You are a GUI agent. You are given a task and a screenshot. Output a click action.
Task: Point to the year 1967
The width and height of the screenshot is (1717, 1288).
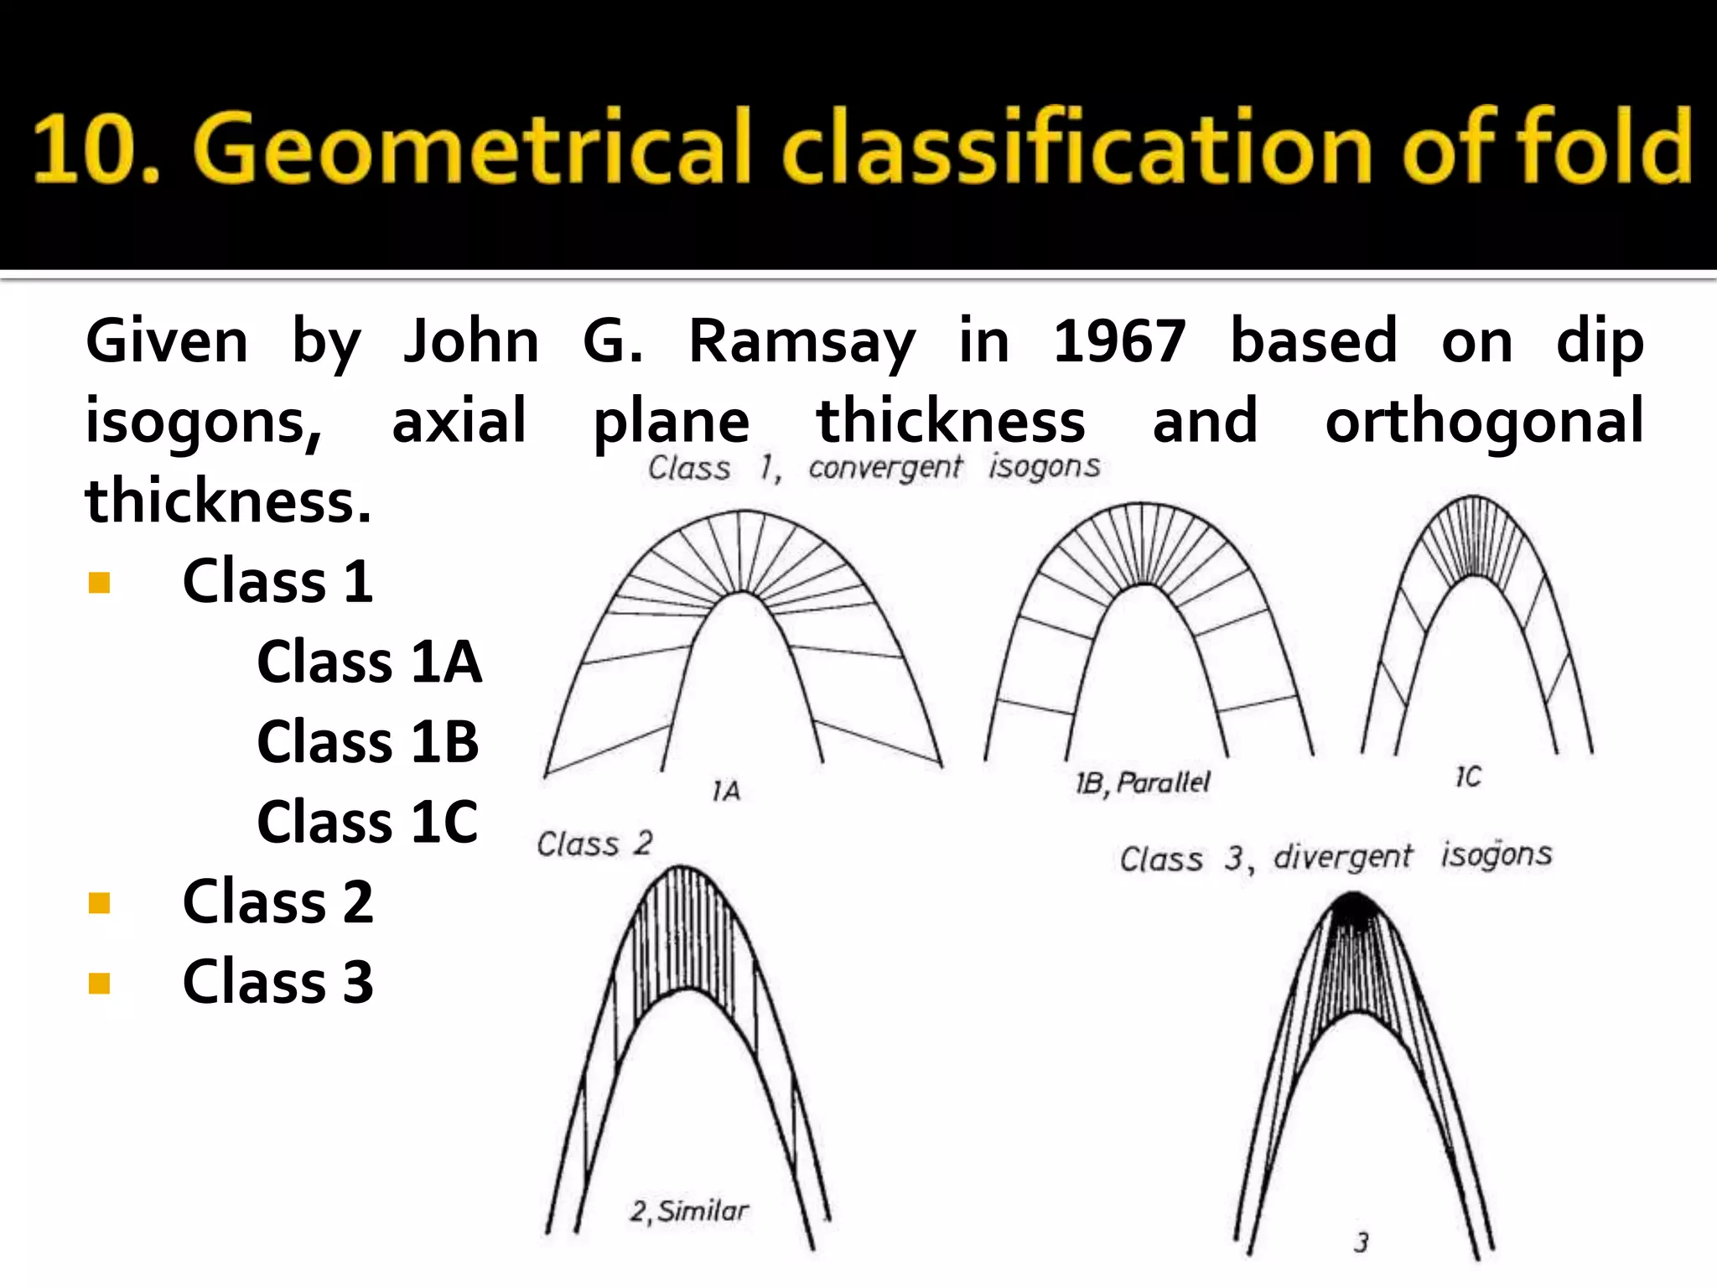click(x=1119, y=342)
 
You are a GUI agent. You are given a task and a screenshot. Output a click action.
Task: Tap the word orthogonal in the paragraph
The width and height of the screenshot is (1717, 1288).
click(x=1484, y=422)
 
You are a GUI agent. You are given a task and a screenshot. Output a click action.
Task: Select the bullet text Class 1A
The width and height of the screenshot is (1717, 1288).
click(x=369, y=662)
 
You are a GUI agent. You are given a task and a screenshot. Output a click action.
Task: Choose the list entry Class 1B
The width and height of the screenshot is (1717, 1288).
click(x=367, y=742)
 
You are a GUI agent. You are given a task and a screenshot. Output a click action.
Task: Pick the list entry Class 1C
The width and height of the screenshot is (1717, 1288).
click(x=367, y=822)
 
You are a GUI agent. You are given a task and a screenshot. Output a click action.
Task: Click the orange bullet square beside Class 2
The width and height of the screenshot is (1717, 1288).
click(x=100, y=903)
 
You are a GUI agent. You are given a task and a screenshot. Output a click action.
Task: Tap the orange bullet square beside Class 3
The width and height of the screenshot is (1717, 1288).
click(x=100, y=983)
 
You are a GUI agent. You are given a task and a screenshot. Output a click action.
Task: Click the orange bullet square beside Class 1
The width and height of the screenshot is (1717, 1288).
click(x=100, y=582)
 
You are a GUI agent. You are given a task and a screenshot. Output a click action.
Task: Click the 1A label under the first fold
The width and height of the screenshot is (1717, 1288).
click(x=726, y=791)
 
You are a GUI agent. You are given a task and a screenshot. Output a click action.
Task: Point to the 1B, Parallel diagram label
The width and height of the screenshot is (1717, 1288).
click(x=1143, y=783)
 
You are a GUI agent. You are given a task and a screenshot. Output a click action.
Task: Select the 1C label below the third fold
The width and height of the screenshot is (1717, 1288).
click(x=1468, y=777)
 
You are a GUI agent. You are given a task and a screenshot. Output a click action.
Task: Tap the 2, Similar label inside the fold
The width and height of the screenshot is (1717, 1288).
click(x=689, y=1211)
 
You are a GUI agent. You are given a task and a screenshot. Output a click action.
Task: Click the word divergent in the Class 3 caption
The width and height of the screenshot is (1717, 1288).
click(x=1342, y=857)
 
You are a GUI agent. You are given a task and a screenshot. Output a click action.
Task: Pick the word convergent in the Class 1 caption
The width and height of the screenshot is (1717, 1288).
click(x=884, y=467)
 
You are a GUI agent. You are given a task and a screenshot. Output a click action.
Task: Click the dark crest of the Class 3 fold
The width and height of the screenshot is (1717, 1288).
click(x=1353, y=908)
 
